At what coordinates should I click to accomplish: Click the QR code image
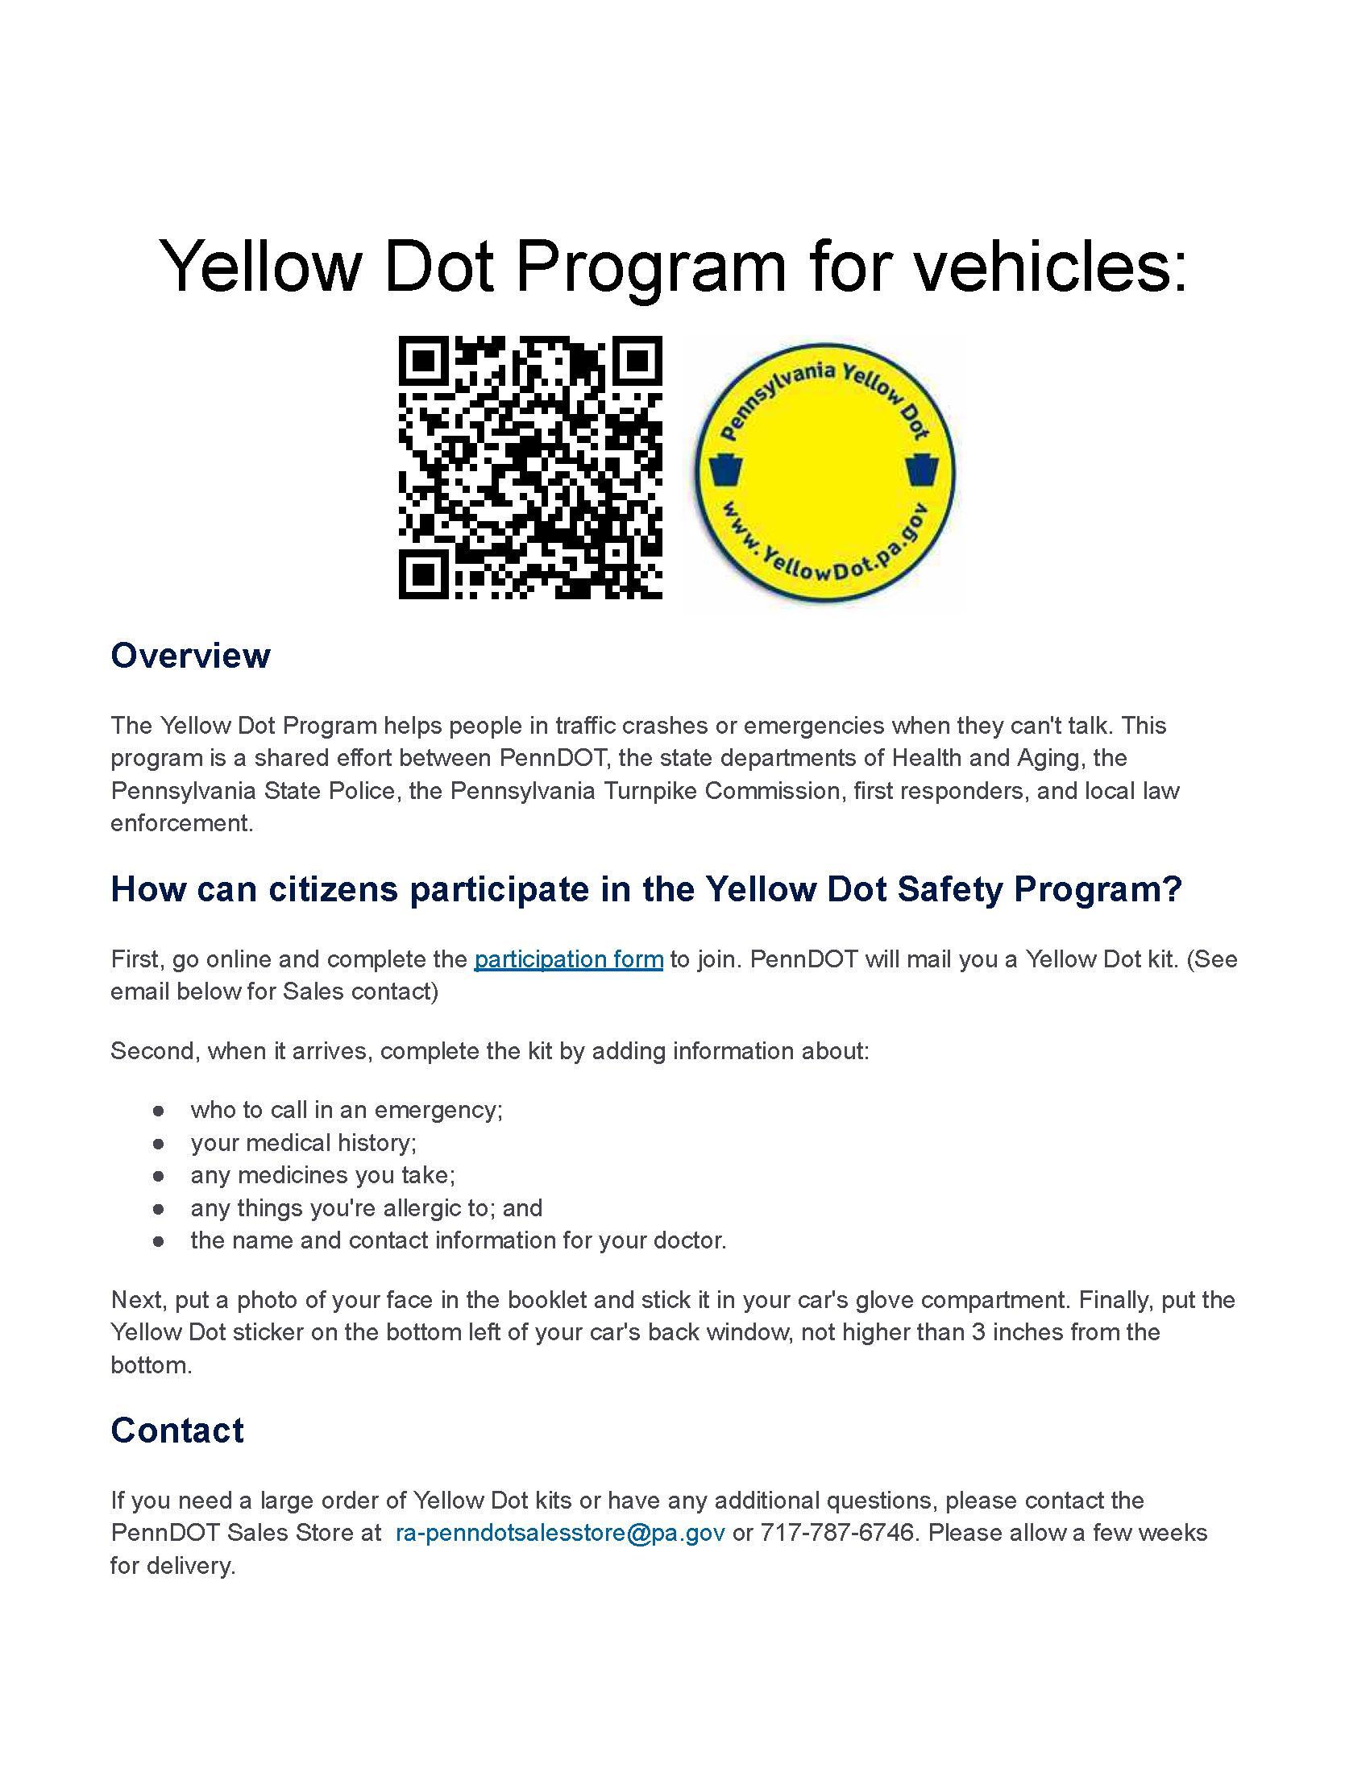pos(530,467)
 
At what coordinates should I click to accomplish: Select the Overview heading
pos(190,656)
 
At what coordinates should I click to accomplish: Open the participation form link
pos(568,959)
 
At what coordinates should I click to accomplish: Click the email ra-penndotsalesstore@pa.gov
pos(560,1533)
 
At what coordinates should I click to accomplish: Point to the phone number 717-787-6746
pos(836,1533)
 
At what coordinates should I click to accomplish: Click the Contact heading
pos(177,1430)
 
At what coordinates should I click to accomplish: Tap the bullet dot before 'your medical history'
pos(158,1143)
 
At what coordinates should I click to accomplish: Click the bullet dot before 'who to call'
pos(158,1110)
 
